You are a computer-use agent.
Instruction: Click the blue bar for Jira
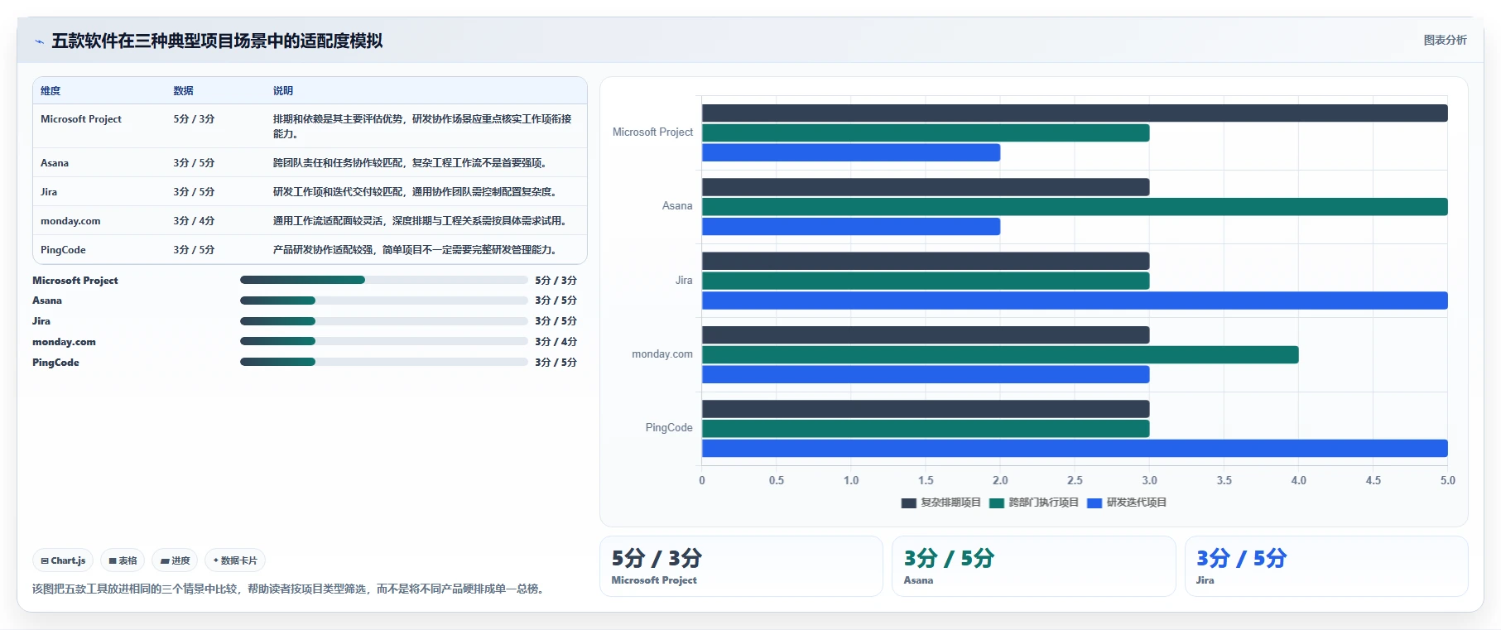(1075, 301)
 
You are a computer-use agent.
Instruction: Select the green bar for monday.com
(1000, 355)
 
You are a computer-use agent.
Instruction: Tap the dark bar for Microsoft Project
(1075, 113)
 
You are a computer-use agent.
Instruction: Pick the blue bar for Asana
(851, 227)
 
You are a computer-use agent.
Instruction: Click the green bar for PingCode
(926, 429)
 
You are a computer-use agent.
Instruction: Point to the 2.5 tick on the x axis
(1075, 480)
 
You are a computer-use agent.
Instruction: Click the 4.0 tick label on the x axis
(1298, 480)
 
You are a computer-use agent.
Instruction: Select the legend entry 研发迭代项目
(1127, 503)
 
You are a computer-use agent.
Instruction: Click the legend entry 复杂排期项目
(941, 503)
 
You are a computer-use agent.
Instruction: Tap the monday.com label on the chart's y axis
(662, 354)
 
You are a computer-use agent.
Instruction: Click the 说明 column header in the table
(283, 91)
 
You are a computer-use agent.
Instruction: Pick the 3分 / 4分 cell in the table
(194, 221)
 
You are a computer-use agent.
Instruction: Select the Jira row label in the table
(49, 192)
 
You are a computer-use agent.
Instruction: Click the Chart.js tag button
(64, 560)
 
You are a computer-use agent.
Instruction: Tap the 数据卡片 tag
(235, 560)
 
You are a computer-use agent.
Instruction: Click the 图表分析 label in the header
(1445, 40)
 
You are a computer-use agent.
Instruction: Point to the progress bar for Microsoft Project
(383, 280)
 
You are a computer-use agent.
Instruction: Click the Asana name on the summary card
(918, 580)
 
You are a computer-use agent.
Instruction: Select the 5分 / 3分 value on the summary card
(657, 558)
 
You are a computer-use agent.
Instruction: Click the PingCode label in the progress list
(55, 363)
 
